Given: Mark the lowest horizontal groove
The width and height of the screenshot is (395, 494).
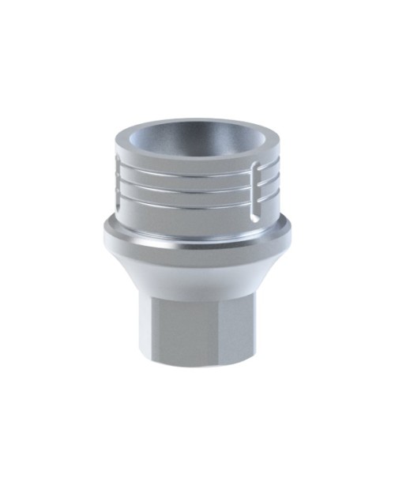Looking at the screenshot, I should click(x=190, y=201).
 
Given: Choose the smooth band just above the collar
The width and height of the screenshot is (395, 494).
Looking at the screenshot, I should click(x=190, y=212).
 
